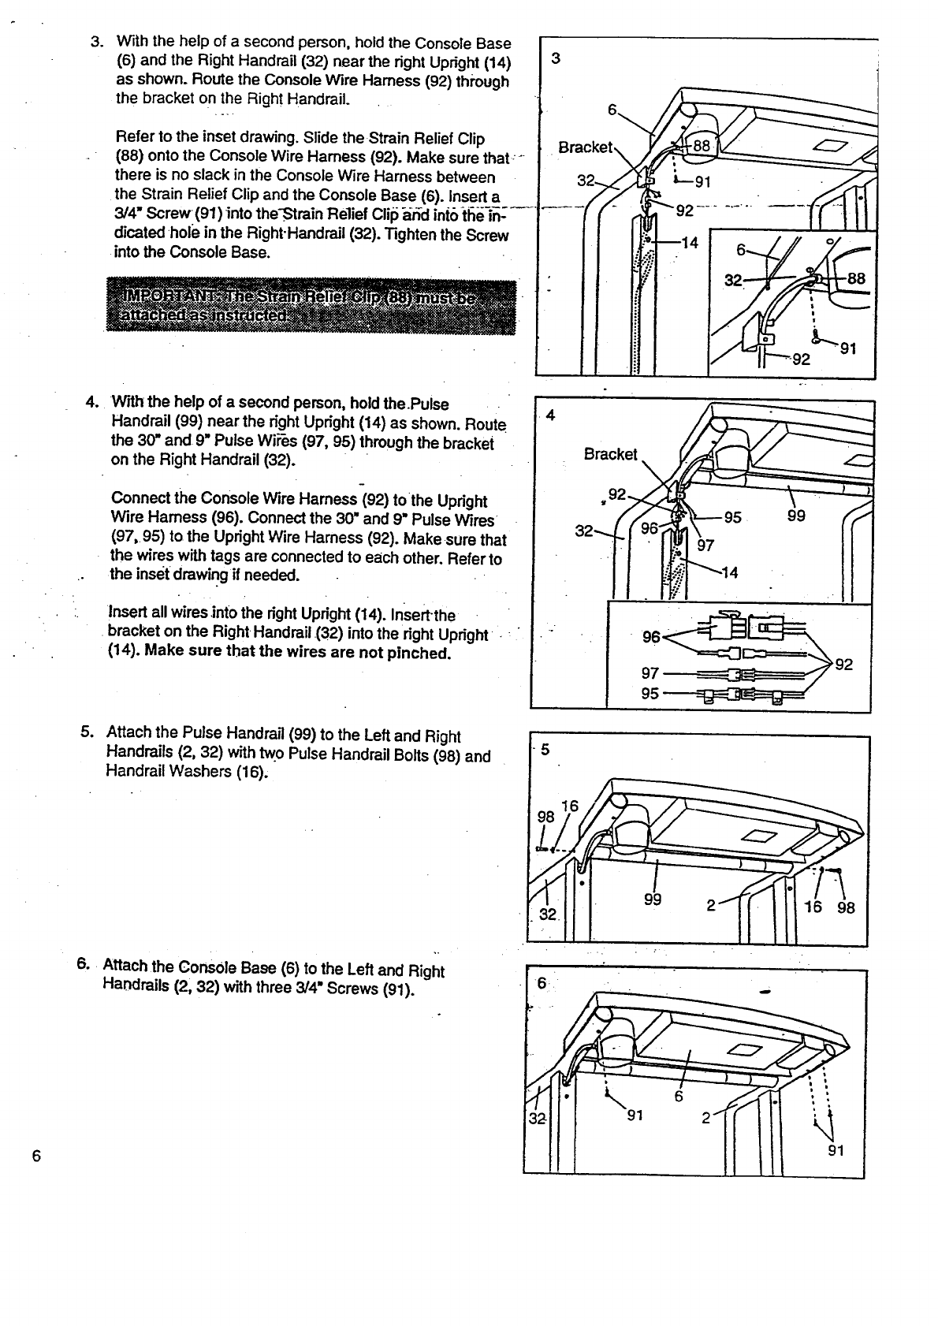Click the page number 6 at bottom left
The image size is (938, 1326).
click(35, 1156)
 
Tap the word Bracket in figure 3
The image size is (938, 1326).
click(584, 147)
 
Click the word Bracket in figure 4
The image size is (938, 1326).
click(610, 454)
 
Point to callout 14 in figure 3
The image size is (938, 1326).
click(689, 243)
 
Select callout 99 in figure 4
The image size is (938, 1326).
click(797, 519)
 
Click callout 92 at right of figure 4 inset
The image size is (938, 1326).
click(843, 665)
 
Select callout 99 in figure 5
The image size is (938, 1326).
click(652, 900)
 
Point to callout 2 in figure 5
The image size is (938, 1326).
click(710, 906)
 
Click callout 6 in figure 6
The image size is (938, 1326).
click(678, 1097)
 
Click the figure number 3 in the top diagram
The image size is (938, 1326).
click(556, 58)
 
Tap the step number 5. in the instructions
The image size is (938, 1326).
click(87, 732)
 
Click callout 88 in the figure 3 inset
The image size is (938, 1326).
click(857, 277)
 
